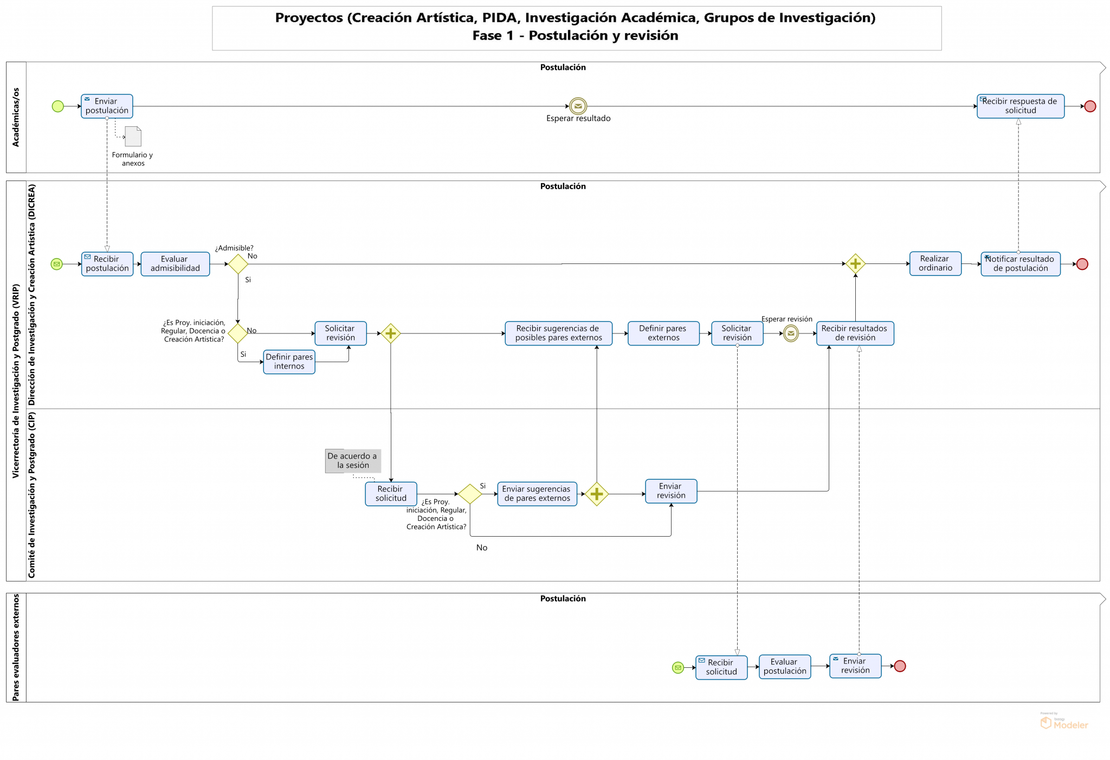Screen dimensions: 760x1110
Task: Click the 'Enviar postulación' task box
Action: click(x=107, y=106)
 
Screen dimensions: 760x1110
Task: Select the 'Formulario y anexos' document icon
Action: click(x=133, y=137)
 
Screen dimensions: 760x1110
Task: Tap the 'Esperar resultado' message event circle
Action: click(x=578, y=106)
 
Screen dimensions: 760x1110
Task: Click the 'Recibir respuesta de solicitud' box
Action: click(x=1020, y=106)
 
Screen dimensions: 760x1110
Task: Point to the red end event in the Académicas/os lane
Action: click(x=1090, y=106)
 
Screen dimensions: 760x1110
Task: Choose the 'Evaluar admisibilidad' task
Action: click(x=175, y=264)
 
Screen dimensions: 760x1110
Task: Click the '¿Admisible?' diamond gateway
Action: click(x=238, y=264)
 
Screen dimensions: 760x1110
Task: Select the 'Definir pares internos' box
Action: click(x=289, y=362)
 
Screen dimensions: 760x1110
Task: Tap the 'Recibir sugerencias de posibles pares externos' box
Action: click(x=558, y=333)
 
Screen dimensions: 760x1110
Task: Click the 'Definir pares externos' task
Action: click(x=663, y=333)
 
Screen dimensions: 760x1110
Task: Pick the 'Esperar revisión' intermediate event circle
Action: click(x=791, y=333)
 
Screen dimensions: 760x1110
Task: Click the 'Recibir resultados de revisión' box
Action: click(x=855, y=333)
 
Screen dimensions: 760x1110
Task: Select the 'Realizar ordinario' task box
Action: click(x=935, y=263)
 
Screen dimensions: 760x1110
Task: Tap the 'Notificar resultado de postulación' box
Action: click(x=1020, y=264)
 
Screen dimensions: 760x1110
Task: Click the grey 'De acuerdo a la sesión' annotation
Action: click(x=352, y=461)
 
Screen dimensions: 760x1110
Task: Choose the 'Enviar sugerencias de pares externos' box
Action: click(x=537, y=494)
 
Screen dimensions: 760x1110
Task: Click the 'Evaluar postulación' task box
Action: click(x=784, y=667)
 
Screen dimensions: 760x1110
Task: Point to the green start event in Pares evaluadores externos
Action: click(x=677, y=667)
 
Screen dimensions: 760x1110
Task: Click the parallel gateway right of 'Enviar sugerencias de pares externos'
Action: click(x=597, y=494)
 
